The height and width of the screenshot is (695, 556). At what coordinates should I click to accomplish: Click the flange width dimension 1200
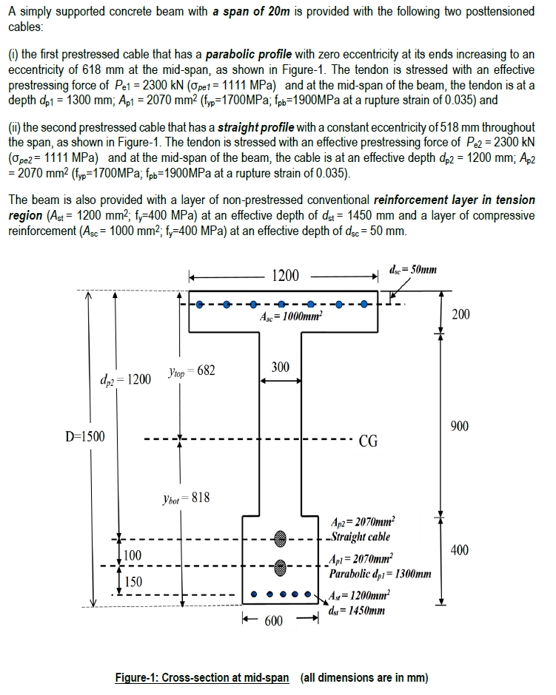click(286, 276)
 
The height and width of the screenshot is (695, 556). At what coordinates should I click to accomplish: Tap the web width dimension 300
click(280, 367)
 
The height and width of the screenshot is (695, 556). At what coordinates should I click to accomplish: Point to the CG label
click(368, 442)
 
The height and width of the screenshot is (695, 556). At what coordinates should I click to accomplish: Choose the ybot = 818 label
click(189, 498)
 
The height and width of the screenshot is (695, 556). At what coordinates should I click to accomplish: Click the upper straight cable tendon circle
click(280, 538)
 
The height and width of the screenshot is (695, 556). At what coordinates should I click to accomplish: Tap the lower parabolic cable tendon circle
click(280, 567)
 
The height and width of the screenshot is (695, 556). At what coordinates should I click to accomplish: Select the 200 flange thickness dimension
click(460, 315)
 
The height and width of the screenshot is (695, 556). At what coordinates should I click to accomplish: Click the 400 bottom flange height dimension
click(460, 550)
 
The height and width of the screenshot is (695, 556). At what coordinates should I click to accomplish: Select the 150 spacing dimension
click(133, 581)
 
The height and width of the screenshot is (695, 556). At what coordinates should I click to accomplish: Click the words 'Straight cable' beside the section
click(361, 537)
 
